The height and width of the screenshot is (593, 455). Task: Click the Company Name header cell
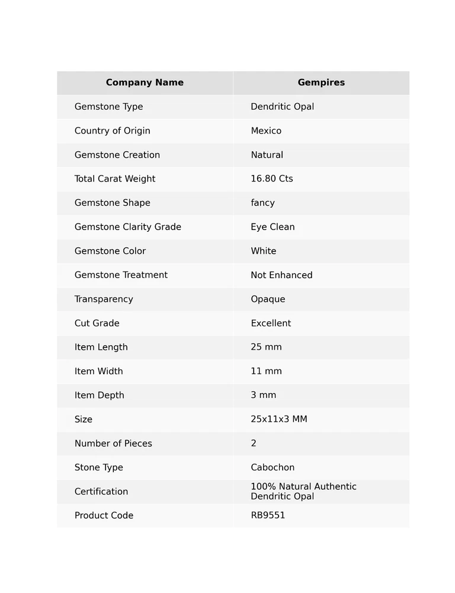pyautogui.click(x=145, y=83)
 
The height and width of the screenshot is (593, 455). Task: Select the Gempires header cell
pyautogui.click(x=321, y=83)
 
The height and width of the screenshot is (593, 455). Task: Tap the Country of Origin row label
pyautogui.click(x=113, y=131)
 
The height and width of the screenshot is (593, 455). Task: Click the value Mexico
pyautogui.click(x=266, y=131)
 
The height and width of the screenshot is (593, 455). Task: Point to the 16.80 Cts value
pyautogui.click(x=272, y=179)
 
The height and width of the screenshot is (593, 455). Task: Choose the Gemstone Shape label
pyautogui.click(x=113, y=203)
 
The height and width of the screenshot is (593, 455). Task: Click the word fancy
pyautogui.click(x=262, y=203)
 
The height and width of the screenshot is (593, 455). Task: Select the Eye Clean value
pyautogui.click(x=273, y=227)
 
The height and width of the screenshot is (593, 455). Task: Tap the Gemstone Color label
pyautogui.click(x=110, y=251)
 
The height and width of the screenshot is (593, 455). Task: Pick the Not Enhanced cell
pyautogui.click(x=281, y=275)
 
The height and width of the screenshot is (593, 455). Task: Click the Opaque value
pyautogui.click(x=268, y=299)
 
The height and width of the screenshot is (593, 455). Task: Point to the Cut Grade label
pyautogui.click(x=97, y=323)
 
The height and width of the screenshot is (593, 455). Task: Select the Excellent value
pyautogui.click(x=271, y=323)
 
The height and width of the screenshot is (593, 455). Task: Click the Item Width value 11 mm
pyautogui.click(x=266, y=371)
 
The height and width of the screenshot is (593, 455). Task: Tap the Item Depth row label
pyautogui.click(x=100, y=396)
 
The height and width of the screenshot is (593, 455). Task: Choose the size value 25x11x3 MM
pyautogui.click(x=279, y=419)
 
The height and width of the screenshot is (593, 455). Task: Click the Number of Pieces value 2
pyautogui.click(x=254, y=444)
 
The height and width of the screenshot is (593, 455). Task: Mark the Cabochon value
pyautogui.click(x=273, y=468)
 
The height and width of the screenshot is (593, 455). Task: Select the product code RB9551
pyautogui.click(x=268, y=516)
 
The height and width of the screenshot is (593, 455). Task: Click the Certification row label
pyautogui.click(x=101, y=492)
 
